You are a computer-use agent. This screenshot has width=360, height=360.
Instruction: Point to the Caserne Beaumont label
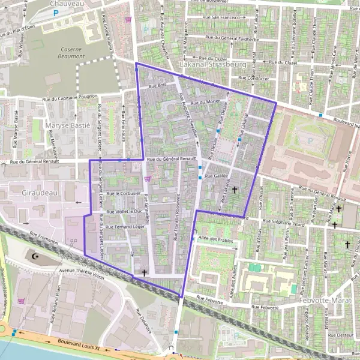pyautogui.click(x=64, y=52)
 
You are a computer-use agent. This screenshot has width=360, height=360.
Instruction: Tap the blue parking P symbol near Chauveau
pyautogui.click(x=56, y=12)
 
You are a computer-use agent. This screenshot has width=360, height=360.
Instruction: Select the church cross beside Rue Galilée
pyautogui.click(x=234, y=190)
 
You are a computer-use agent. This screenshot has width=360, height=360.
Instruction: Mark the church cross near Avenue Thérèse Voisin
pyautogui.click(x=144, y=272)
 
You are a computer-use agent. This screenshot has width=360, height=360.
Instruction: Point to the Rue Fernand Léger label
pyautogui.click(x=125, y=227)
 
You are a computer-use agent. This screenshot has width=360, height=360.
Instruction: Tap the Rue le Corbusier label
pyautogui.click(x=124, y=194)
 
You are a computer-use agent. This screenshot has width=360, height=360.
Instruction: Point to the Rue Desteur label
pyautogui.click(x=340, y=335)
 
